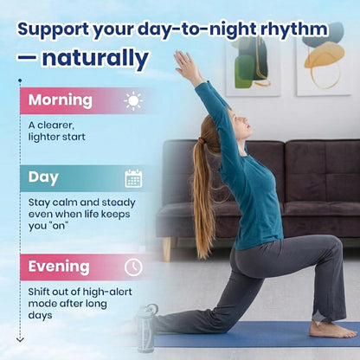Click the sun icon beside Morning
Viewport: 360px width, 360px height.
[x=133, y=101]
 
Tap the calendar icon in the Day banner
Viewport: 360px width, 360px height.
[x=133, y=178]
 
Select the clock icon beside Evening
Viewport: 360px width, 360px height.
[x=133, y=267]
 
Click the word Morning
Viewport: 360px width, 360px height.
[x=61, y=100]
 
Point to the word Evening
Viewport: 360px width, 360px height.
[x=59, y=267]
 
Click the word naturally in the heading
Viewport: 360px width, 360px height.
[x=95, y=58]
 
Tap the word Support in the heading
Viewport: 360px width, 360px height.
[x=54, y=30]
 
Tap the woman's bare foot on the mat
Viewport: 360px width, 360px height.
[x=332, y=330]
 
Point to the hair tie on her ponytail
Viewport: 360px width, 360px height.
[x=202, y=141]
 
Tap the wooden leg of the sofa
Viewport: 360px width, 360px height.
[x=167, y=249]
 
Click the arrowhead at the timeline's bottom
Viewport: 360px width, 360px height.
[x=20, y=340]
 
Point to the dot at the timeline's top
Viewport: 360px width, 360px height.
[x=20, y=80]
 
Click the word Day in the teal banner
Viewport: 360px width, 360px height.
[x=43, y=178]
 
